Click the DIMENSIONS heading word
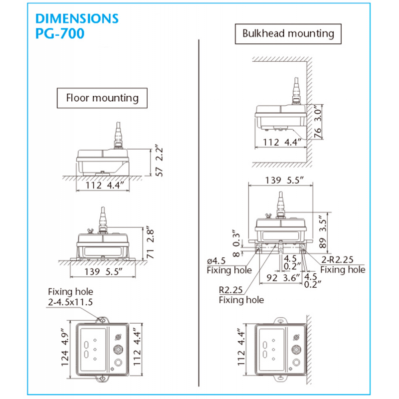(77, 19)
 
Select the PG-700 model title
(60, 34)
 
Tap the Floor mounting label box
(102, 97)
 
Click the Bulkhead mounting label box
(288, 34)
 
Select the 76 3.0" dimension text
(319, 122)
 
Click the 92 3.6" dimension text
(284, 277)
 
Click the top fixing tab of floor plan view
(102, 319)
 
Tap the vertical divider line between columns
(199, 199)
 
